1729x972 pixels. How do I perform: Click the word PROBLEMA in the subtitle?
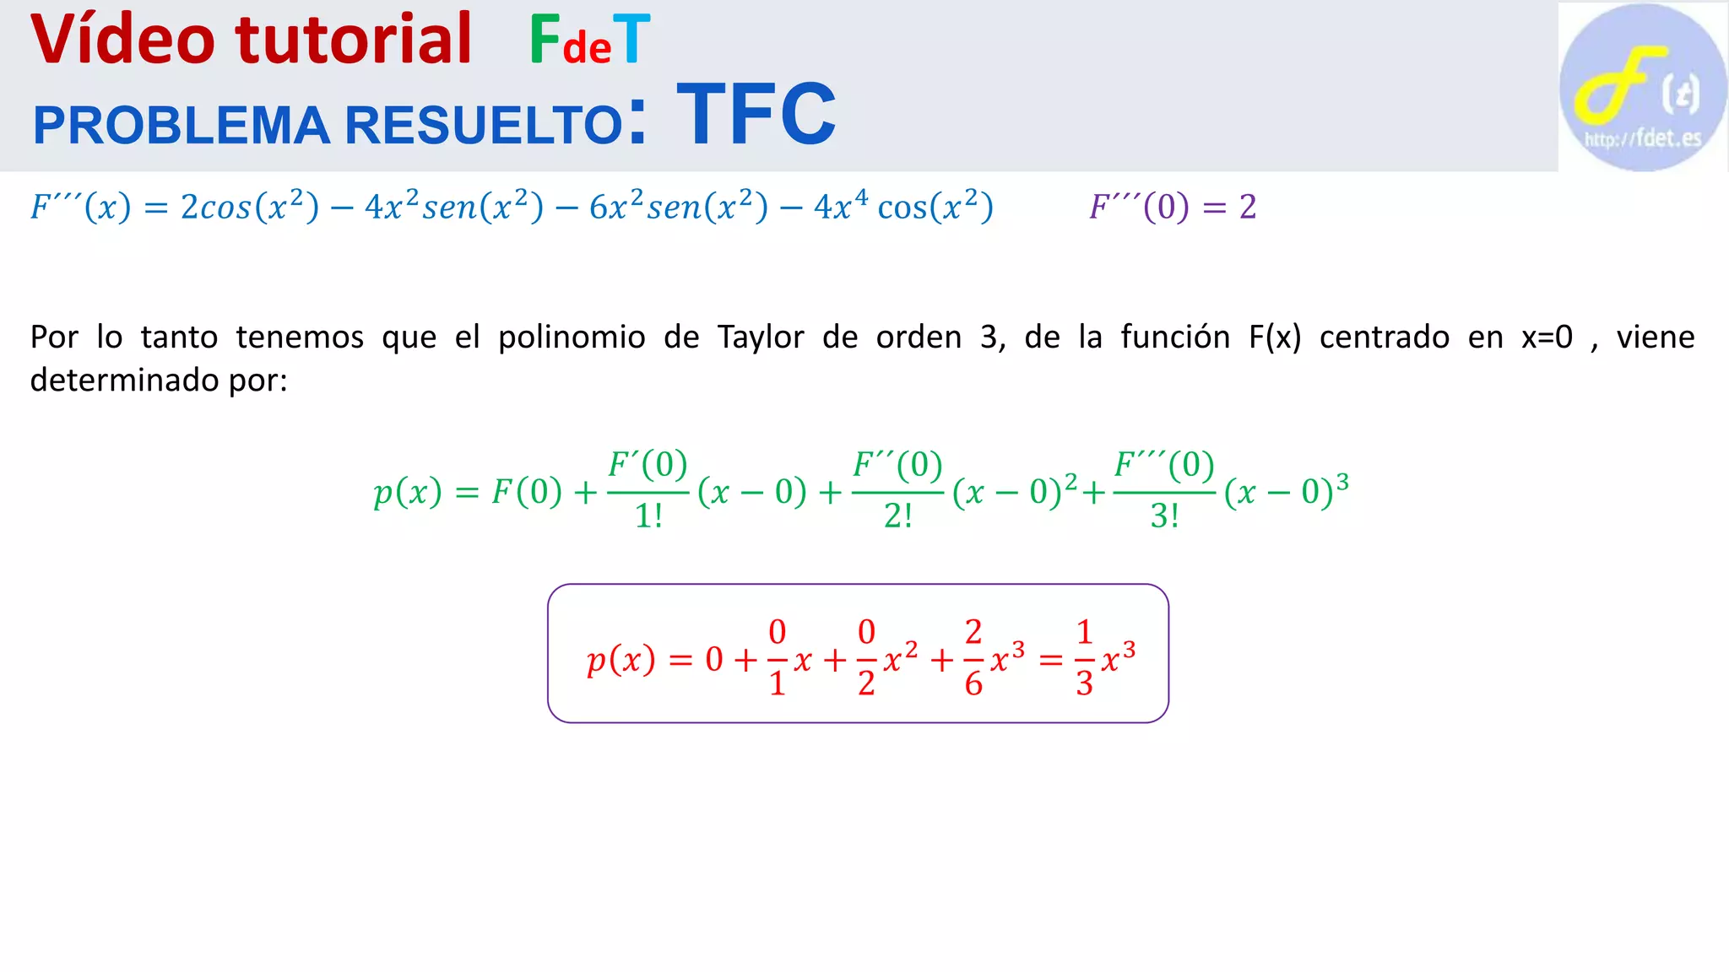coord(181,125)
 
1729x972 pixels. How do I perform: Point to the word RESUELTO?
coord(484,125)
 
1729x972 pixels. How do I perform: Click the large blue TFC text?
coord(756,114)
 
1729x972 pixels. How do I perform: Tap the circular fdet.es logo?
coord(1642,87)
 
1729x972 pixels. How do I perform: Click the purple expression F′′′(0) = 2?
coord(1173,207)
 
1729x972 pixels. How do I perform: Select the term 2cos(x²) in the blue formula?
coord(250,207)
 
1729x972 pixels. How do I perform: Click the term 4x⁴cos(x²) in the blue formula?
coord(903,207)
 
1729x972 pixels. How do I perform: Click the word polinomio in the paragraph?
coord(572,337)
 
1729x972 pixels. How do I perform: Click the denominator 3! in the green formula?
coord(1164,516)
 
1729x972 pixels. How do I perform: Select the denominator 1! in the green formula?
coord(648,516)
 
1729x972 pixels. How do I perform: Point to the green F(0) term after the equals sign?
coord(527,491)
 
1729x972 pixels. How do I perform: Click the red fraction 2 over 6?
coord(973,657)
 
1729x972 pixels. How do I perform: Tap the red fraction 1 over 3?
coord(1085,657)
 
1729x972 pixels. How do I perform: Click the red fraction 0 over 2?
coord(866,657)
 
